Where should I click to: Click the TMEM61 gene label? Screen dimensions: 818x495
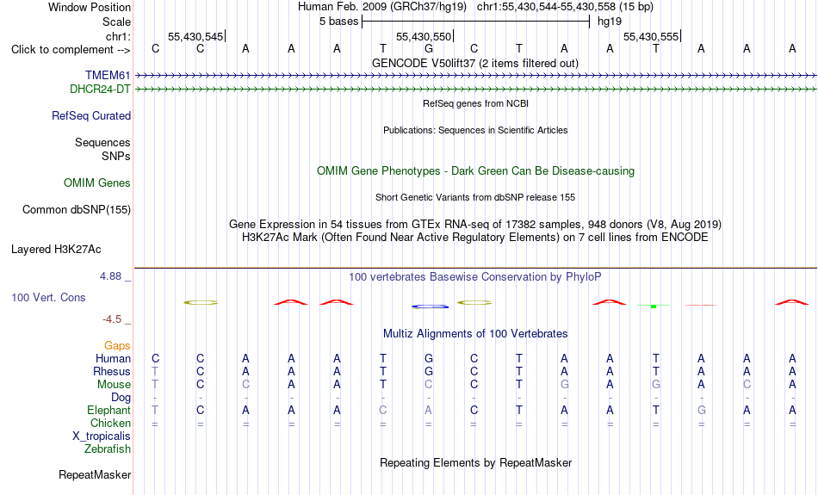pos(108,76)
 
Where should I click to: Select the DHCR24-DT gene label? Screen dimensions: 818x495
pos(100,90)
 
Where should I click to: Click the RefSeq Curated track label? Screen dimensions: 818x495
pos(91,116)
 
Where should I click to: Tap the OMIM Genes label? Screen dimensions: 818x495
pos(97,183)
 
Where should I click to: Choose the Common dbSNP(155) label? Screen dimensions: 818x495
pos(77,210)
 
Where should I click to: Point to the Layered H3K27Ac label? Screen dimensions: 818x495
pos(56,250)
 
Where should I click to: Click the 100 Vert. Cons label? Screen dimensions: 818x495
pos(48,297)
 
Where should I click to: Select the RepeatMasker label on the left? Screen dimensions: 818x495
pos(95,474)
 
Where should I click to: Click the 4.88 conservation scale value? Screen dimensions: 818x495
pos(110,276)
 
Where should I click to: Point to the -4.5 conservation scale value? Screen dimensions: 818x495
pos(112,319)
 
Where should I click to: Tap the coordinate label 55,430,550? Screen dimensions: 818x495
pos(423,36)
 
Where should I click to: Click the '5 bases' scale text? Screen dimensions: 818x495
pos(339,22)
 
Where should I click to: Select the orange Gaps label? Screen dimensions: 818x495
pos(117,346)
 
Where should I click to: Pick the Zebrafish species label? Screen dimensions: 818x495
pos(108,449)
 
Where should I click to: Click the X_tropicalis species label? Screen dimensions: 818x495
pos(102,436)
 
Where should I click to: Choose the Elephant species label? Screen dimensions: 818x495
pos(109,411)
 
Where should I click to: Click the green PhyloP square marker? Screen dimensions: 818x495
pos(654,306)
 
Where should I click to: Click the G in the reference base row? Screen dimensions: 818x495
pos(429,48)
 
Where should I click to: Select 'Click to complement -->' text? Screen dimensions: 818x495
pos(71,50)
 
